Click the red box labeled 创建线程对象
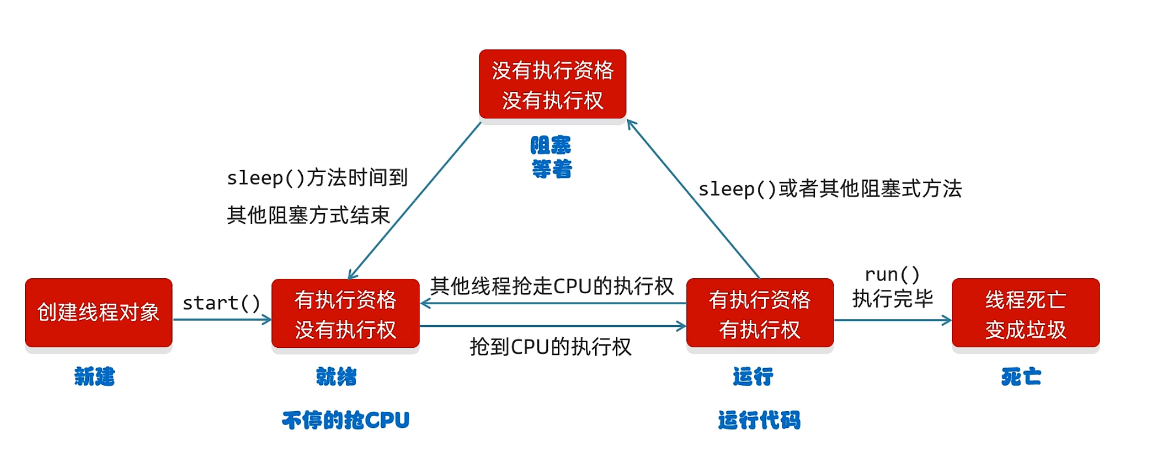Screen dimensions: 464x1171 click(x=98, y=312)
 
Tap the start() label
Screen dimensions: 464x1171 click(x=221, y=303)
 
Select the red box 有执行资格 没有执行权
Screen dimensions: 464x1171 click(x=345, y=314)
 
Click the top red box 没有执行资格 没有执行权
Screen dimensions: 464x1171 click(x=552, y=85)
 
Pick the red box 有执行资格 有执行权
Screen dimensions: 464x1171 click(x=760, y=314)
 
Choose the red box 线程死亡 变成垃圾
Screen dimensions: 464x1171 click(x=1025, y=314)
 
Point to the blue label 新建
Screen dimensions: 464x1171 click(x=95, y=376)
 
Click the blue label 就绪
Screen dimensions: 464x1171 click(x=336, y=376)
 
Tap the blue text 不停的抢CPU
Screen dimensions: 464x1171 click(x=346, y=420)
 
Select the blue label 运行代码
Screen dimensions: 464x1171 click(x=759, y=420)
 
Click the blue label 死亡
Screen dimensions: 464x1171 click(x=1021, y=376)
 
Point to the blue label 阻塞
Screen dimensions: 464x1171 click(x=551, y=145)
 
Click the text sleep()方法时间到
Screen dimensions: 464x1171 click(x=317, y=177)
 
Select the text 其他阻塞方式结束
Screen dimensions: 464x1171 click(x=308, y=215)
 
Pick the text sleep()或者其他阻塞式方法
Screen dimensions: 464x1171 click(x=830, y=189)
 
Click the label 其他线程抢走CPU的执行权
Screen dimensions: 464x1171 click(x=552, y=286)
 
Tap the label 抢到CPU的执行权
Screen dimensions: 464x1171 click(x=550, y=347)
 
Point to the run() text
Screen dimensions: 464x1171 click(x=892, y=274)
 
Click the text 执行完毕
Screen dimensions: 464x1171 click(x=893, y=298)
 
